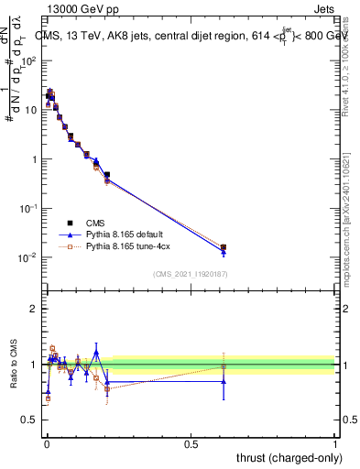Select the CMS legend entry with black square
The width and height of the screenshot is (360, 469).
94,223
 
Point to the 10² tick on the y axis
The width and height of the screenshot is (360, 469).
28,60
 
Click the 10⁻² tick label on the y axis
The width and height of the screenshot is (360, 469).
28,257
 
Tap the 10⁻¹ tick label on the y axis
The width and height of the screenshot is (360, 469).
28,208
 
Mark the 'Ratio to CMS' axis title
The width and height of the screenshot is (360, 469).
12,364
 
